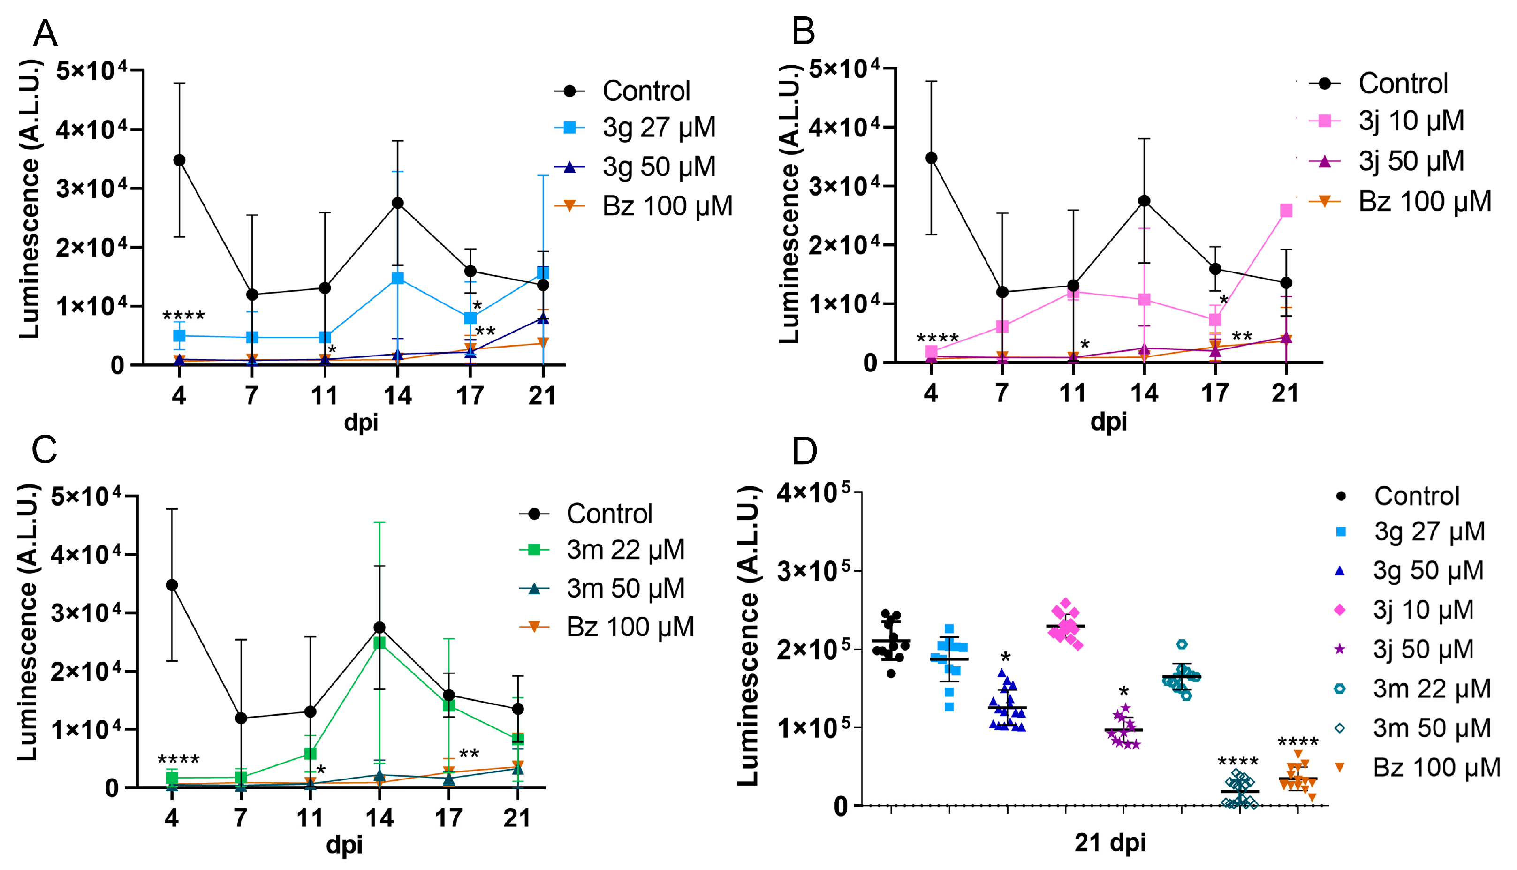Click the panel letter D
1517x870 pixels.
coord(804,452)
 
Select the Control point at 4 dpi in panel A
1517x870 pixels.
coord(179,160)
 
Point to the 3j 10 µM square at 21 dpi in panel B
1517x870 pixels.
coord(1286,210)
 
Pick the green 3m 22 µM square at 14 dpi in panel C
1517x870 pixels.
coord(379,643)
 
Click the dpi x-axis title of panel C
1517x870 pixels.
coord(344,844)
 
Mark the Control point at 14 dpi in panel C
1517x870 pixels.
coord(379,628)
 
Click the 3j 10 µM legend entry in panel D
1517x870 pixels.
coord(1422,610)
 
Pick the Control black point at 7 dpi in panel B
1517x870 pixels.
coord(1002,292)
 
